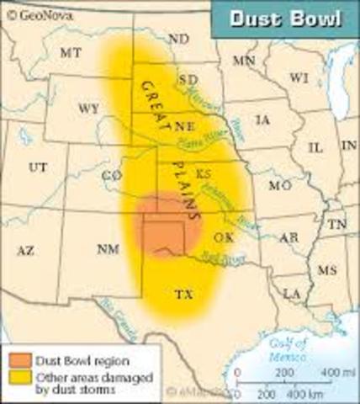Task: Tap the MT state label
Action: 71,53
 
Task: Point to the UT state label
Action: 38,167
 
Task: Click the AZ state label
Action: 25,250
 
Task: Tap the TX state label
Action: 183,295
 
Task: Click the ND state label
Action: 178,40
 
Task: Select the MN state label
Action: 245,61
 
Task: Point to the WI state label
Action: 298,77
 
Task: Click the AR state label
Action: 289,239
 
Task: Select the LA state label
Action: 292,293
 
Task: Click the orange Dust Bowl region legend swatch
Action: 18,360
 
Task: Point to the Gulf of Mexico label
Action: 287,348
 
